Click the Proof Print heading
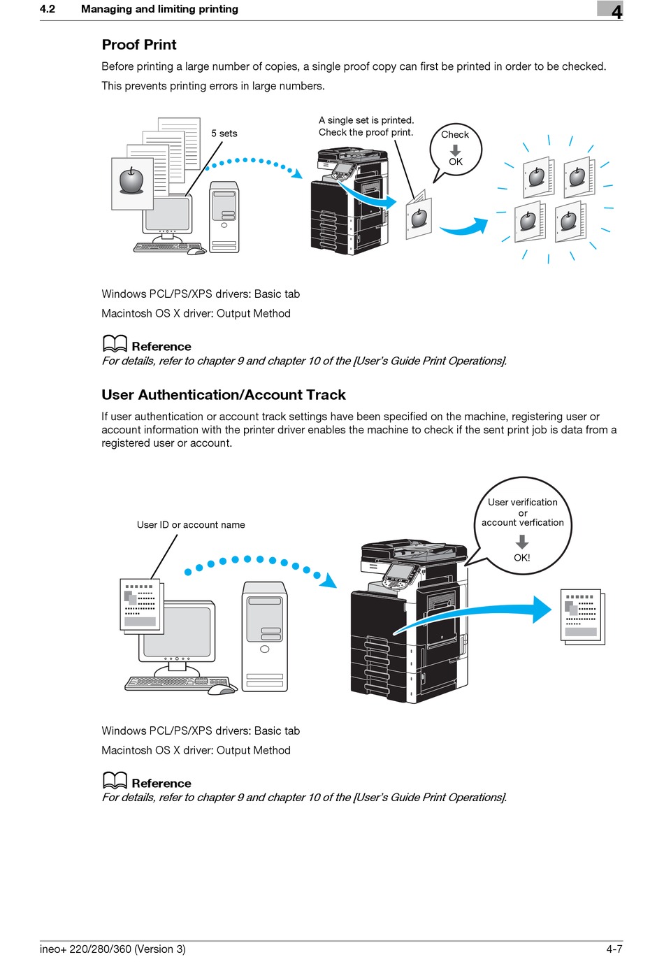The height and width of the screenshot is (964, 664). tap(139, 45)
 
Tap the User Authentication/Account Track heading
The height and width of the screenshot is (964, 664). tap(224, 395)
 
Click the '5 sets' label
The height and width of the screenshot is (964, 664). tap(224, 134)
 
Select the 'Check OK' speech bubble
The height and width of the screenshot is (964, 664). tap(456, 148)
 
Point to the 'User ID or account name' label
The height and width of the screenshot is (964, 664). tap(191, 525)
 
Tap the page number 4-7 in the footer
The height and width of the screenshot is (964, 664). tap(614, 949)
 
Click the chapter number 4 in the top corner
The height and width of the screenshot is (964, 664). tap(616, 11)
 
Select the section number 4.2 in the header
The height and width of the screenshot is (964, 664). tap(48, 9)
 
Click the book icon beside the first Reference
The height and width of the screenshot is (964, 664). tap(115, 343)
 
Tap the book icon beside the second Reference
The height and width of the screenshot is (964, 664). tap(115, 780)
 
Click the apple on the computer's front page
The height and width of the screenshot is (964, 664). tap(131, 181)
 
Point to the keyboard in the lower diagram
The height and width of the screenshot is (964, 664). tap(178, 683)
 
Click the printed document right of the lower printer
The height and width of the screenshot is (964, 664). tap(582, 616)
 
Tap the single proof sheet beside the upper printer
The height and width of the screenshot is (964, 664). tap(419, 217)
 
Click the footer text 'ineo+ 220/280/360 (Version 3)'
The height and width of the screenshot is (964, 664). tap(113, 949)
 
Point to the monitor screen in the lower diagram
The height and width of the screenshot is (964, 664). tap(177, 631)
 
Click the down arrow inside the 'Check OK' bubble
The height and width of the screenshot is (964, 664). tap(456, 150)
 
